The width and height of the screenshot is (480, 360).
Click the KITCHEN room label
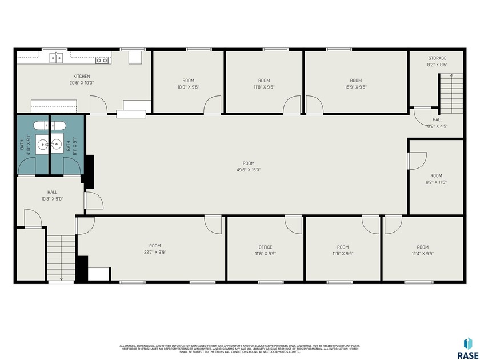point(82,77)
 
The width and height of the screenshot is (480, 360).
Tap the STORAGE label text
point(437,58)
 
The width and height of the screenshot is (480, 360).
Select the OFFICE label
point(265,247)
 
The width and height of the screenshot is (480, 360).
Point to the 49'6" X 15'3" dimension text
point(248,170)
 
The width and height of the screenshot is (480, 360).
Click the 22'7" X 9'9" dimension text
point(155,252)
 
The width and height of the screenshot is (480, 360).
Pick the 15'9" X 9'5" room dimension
point(355,87)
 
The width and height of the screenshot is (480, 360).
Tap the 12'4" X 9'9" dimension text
point(422,253)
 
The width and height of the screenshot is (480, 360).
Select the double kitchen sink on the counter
point(55,58)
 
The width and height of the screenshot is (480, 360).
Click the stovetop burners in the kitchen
point(102,59)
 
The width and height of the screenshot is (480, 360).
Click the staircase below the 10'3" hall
point(60,258)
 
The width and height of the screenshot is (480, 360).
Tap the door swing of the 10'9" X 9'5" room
point(213,105)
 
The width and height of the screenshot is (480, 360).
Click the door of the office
point(294,225)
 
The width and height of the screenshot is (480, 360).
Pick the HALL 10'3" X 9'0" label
point(52,195)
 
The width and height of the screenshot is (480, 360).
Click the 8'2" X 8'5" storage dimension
point(437,65)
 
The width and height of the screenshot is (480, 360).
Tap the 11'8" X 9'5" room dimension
point(263,87)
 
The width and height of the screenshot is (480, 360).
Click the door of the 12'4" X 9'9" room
point(393,225)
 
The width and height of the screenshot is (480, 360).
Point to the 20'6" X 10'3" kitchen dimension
point(81,83)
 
